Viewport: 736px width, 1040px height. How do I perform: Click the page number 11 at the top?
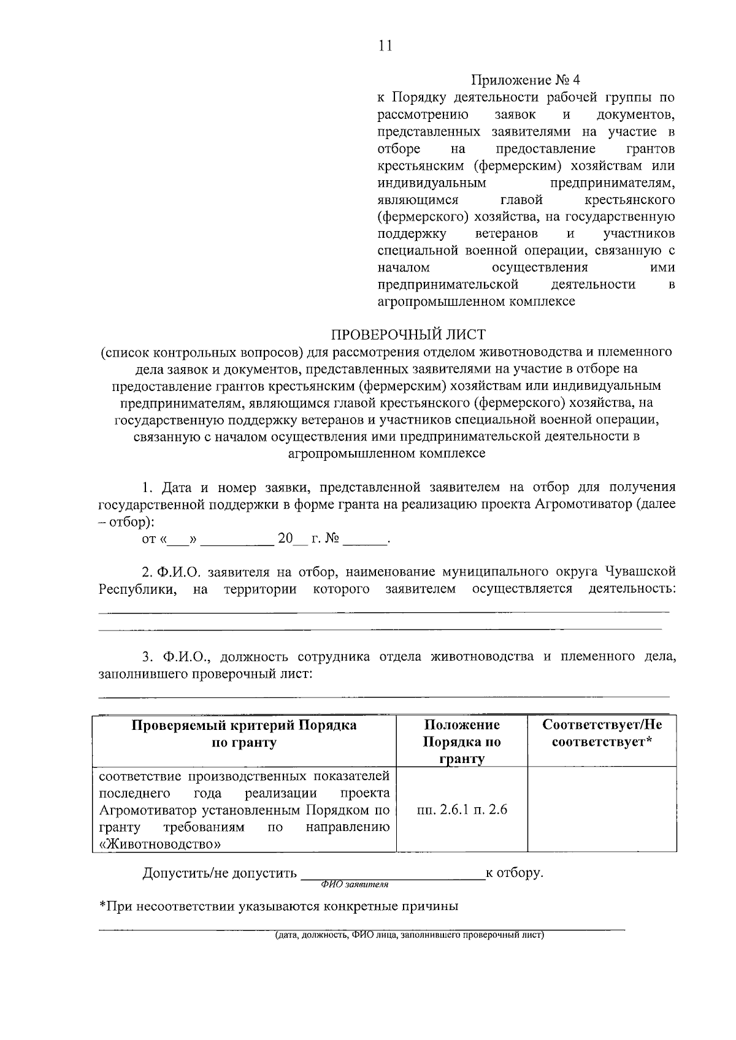click(x=385, y=46)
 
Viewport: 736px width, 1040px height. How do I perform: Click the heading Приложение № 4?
click(x=525, y=80)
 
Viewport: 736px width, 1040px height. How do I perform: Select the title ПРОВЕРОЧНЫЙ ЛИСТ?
click(x=408, y=335)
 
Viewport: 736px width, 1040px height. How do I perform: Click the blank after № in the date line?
click(x=366, y=539)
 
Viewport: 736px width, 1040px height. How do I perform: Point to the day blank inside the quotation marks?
click(x=178, y=540)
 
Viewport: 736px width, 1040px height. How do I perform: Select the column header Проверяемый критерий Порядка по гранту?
click(x=244, y=734)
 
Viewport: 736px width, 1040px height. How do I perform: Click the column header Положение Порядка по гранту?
click(x=462, y=742)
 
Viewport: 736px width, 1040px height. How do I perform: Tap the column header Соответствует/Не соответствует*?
click(x=602, y=734)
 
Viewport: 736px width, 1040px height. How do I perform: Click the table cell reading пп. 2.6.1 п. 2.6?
click(x=462, y=810)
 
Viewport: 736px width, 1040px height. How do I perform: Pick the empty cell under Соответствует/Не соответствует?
click(x=602, y=810)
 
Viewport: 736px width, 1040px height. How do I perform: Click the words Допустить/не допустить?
click(x=220, y=873)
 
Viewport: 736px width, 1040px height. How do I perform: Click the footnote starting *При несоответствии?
click(x=279, y=906)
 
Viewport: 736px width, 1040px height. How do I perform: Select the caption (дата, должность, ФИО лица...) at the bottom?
click(x=410, y=935)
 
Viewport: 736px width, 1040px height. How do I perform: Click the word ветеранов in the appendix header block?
click(x=507, y=234)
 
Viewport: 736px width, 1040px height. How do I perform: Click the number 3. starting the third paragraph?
click(x=148, y=657)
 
